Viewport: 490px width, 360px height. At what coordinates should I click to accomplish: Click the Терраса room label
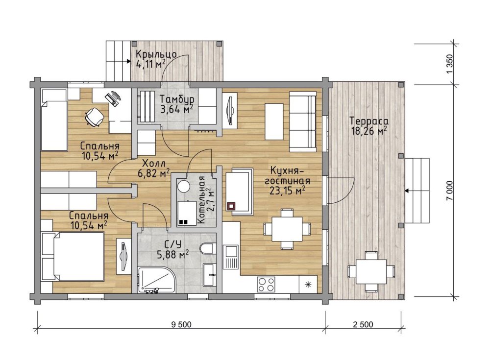[369, 121]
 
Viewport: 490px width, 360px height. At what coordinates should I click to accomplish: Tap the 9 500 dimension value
[181, 324]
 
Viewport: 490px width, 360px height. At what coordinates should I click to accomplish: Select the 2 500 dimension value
[363, 324]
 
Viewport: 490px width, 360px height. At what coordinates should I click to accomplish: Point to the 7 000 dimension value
[449, 191]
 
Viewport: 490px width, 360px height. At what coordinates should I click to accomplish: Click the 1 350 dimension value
[449, 64]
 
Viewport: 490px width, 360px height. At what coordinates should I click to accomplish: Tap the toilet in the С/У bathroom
[207, 248]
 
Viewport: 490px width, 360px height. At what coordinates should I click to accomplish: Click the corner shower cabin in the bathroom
[157, 279]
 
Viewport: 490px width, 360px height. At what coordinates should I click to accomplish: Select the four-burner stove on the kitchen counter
[266, 285]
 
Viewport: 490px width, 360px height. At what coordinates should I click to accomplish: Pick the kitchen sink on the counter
[231, 256]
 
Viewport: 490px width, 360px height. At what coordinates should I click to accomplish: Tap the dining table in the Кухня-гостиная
[287, 229]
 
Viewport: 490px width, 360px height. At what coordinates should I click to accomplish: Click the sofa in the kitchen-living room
[303, 121]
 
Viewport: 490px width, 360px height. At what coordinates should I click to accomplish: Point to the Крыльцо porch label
[156, 54]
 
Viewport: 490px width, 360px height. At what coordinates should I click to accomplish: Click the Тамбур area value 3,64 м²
[176, 109]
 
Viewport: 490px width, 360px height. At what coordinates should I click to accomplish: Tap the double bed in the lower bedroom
[78, 256]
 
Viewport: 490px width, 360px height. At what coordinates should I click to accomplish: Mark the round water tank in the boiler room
[183, 186]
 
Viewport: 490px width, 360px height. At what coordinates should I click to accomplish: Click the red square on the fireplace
[231, 206]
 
